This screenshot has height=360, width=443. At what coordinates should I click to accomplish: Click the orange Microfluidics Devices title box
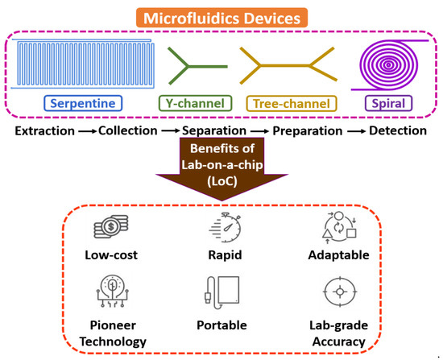coord(221,15)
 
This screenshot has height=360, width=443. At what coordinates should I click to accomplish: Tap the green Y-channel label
coord(199,103)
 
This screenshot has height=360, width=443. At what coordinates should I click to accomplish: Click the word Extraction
coord(42,130)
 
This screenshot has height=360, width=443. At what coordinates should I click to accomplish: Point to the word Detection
coord(391,130)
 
